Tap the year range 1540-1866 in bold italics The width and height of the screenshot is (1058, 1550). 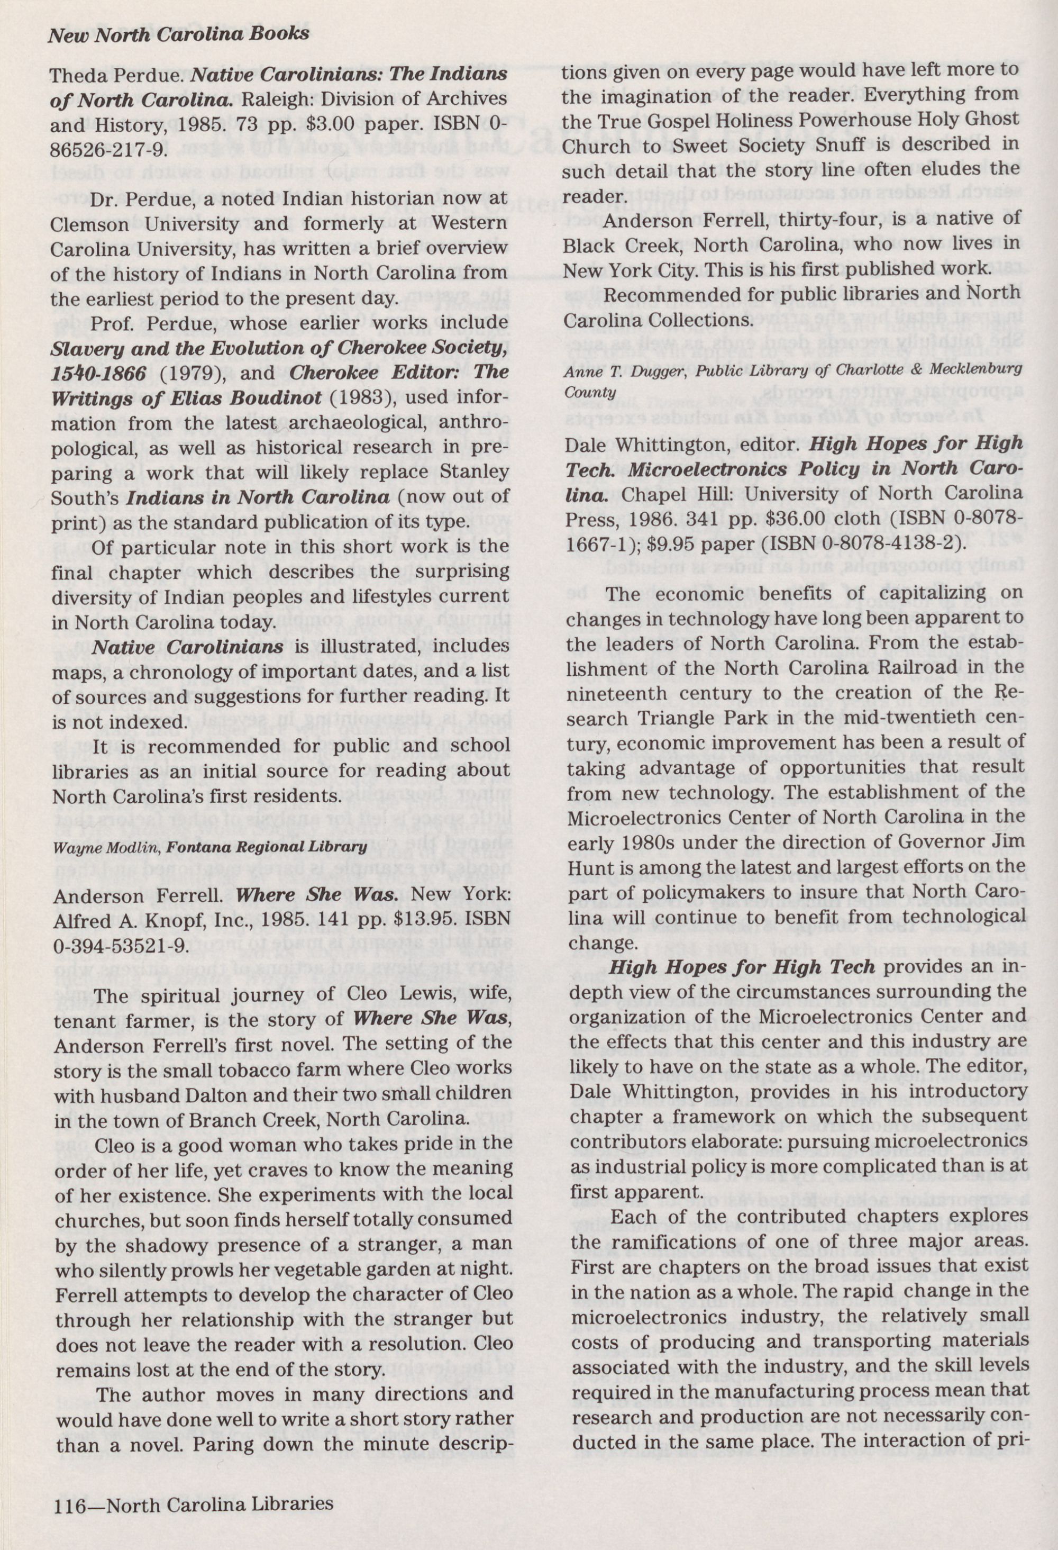pyautogui.click(x=99, y=374)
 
